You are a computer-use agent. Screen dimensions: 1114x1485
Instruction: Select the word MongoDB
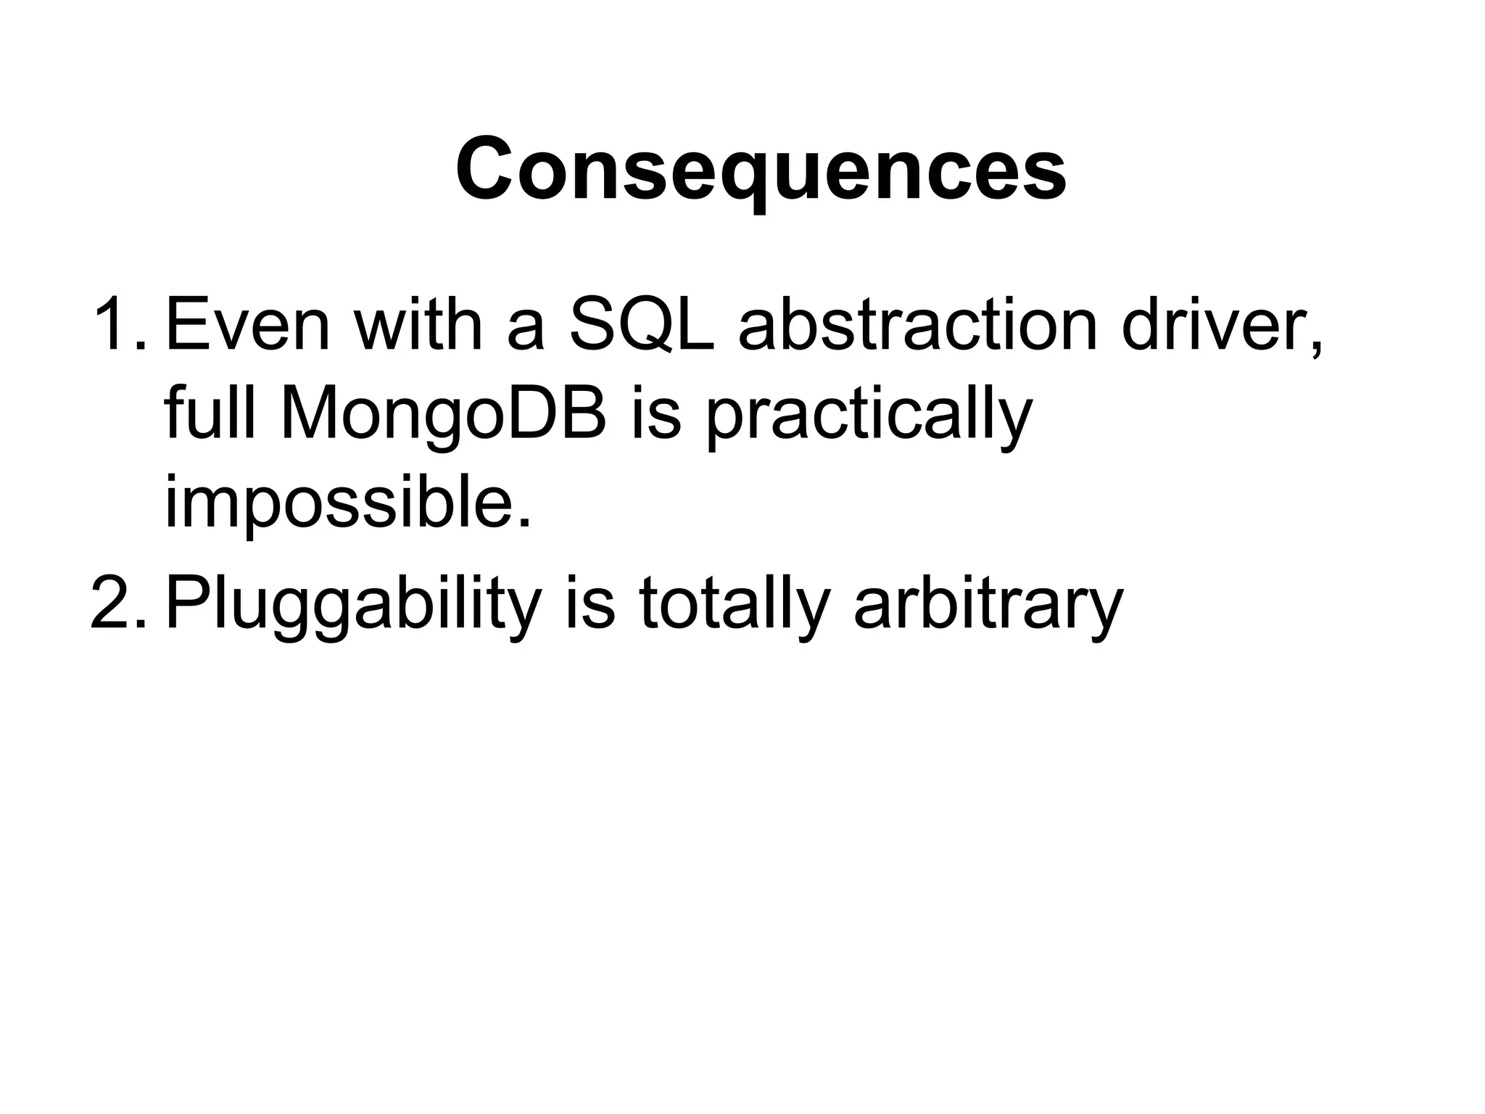443,416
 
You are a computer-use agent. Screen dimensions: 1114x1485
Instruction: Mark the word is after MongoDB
656,416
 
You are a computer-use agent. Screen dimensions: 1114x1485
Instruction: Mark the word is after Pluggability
589,604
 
